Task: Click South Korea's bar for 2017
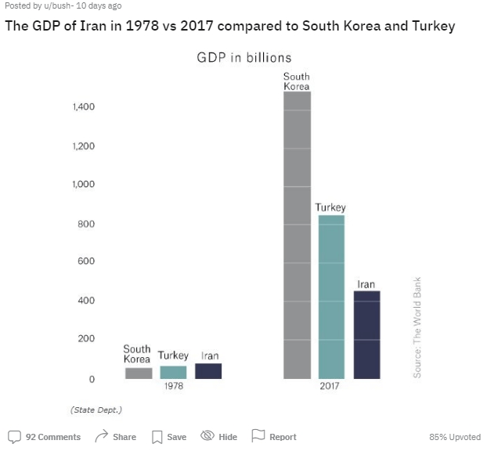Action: [x=297, y=235]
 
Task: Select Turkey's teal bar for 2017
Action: [x=331, y=297]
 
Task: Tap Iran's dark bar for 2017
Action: [x=366, y=335]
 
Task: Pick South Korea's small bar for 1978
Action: [x=139, y=374]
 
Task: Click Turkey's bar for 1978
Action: [x=173, y=373]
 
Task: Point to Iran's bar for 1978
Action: [x=208, y=371]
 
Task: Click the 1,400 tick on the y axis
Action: [x=84, y=107]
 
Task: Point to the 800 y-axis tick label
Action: [x=85, y=225]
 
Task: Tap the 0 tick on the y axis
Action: [x=92, y=379]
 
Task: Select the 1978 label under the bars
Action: [x=173, y=386]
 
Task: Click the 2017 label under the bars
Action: [x=330, y=386]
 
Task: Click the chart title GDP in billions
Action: [x=243, y=58]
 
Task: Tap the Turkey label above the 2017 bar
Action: [x=330, y=208]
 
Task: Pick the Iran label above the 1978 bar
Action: [x=209, y=356]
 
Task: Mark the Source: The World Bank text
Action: [x=417, y=327]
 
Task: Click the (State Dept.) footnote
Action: [x=96, y=410]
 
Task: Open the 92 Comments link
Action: [x=45, y=437]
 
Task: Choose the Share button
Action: [x=115, y=437]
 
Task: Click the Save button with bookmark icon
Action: [x=168, y=437]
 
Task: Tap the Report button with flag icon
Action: [x=274, y=437]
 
